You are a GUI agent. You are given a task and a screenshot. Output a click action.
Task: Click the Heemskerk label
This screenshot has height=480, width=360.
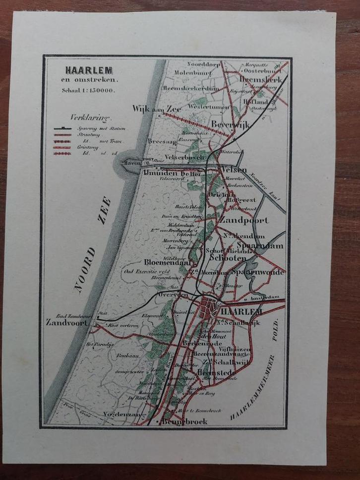coord(260,79)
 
